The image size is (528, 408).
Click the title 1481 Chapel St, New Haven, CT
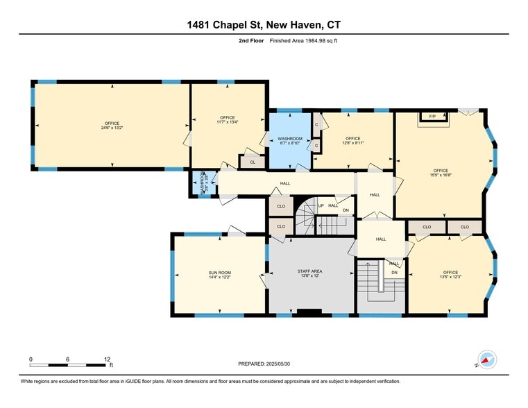[264, 26]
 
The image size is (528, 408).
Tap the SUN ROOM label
[219, 275]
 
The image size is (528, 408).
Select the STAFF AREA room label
[310, 273]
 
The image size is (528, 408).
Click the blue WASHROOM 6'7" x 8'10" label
[289, 141]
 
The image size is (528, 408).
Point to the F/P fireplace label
[432, 116]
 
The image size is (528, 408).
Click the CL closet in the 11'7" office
[252, 162]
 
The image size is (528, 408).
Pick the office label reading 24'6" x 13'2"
[112, 126]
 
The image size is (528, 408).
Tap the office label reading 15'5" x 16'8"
[441, 173]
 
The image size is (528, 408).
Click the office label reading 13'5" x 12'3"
[451, 274]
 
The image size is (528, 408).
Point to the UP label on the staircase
[321, 205]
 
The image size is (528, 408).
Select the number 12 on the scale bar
[107, 359]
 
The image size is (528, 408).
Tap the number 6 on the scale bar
[68, 359]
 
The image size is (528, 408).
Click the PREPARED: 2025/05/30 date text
[264, 364]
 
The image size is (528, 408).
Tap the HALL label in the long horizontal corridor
[285, 184]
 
